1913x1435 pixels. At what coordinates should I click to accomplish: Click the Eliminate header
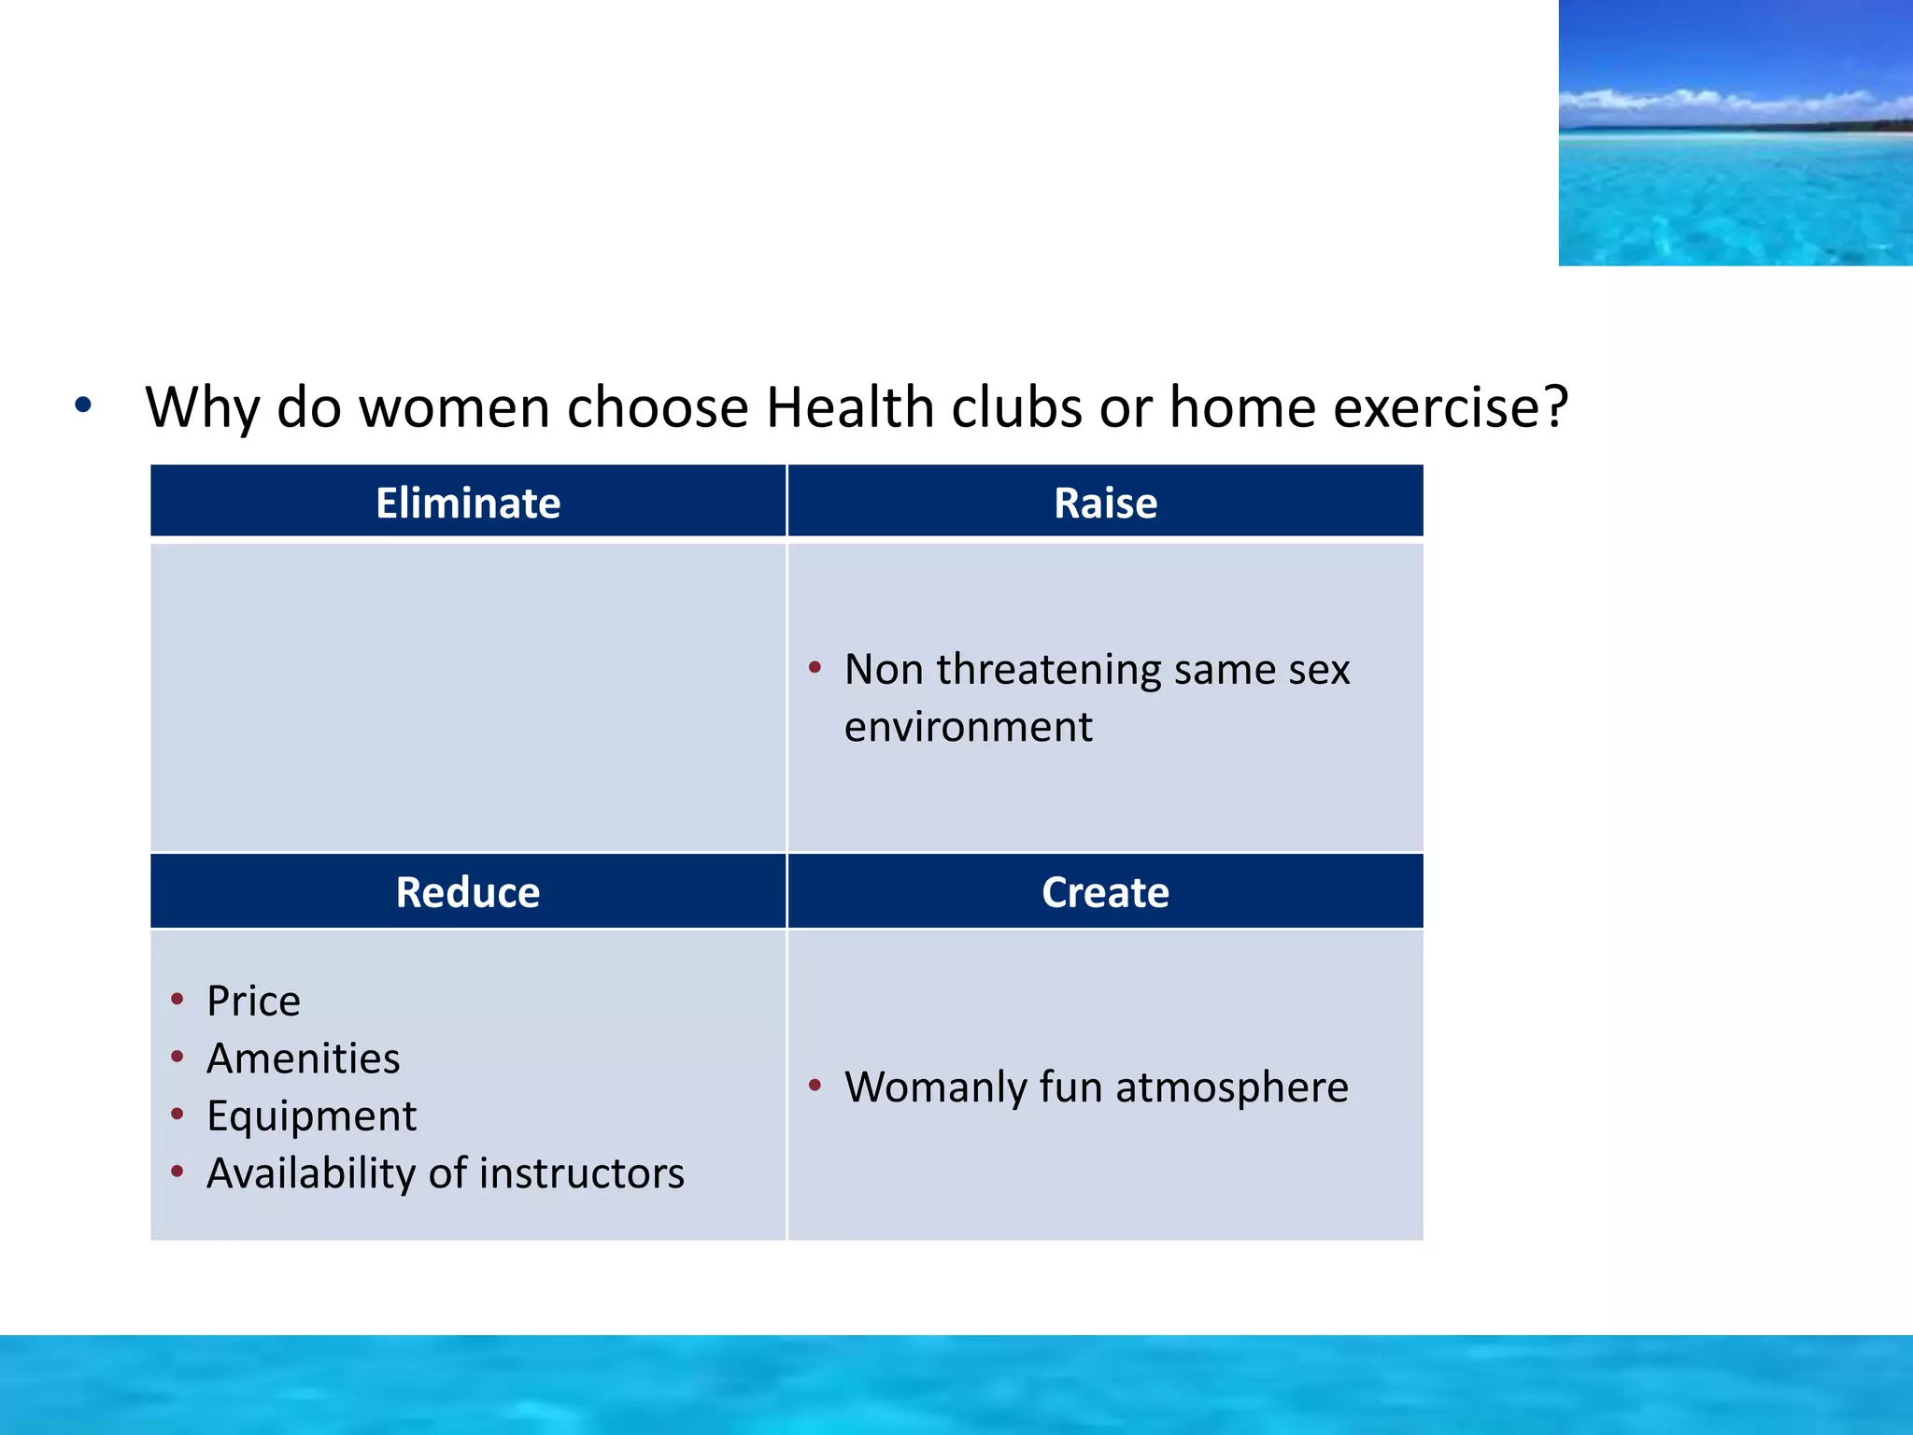tap(468, 503)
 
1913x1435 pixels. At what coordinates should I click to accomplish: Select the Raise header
tap(1105, 503)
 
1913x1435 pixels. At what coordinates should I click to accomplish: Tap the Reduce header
tap(468, 892)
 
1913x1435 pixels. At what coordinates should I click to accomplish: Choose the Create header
tap(1105, 892)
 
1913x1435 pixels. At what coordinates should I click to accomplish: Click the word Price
tap(253, 1002)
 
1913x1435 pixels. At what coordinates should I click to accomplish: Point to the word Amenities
tap(303, 1058)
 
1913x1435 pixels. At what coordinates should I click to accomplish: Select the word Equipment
tap(311, 1116)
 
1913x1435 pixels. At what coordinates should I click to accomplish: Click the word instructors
tap(581, 1173)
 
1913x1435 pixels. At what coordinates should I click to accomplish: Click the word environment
tap(968, 727)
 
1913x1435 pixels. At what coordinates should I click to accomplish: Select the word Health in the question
tap(850, 407)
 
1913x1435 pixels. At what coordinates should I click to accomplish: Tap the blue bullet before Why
tap(83, 405)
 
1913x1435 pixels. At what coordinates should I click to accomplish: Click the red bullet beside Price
tap(177, 1000)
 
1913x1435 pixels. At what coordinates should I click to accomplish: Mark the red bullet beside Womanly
tap(815, 1085)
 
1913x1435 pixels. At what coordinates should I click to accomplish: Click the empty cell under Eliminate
tap(468, 696)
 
